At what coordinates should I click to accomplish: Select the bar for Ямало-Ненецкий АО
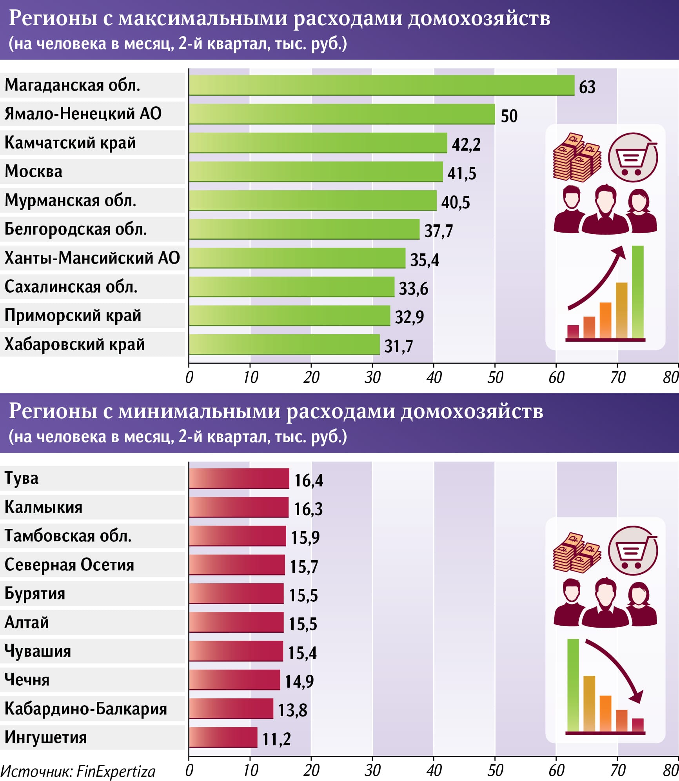pyautogui.click(x=341, y=114)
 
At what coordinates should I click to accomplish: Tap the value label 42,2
pyautogui.click(x=466, y=144)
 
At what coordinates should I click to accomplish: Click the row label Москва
pyautogui.click(x=34, y=171)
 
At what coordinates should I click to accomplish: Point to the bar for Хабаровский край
pyautogui.click(x=284, y=344)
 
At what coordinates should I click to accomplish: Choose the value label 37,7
pyautogui.click(x=438, y=231)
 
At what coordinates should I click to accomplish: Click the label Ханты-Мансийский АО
pyautogui.click(x=92, y=258)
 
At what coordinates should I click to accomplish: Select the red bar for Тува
pyautogui.click(x=239, y=479)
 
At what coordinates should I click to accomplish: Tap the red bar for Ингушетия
pyautogui.click(x=223, y=737)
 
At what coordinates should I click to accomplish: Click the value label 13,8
pyautogui.click(x=292, y=710)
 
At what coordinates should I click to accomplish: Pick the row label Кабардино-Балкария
pyautogui.click(x=86, y=709)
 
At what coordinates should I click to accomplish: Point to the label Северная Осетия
pyautogui.click(x=69, y=565)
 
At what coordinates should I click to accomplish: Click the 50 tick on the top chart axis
pyautogui.click(x=495, y=377)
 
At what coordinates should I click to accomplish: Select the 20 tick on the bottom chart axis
pyautogui.click(x=311, y=770)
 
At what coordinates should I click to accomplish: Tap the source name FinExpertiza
pyautogui.click(x=116, y=771)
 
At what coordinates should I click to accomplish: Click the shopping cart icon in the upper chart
pyautogui.click(x=633, y=158)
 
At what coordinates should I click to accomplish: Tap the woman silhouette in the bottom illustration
pyautogui.click(x=641, y=604)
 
